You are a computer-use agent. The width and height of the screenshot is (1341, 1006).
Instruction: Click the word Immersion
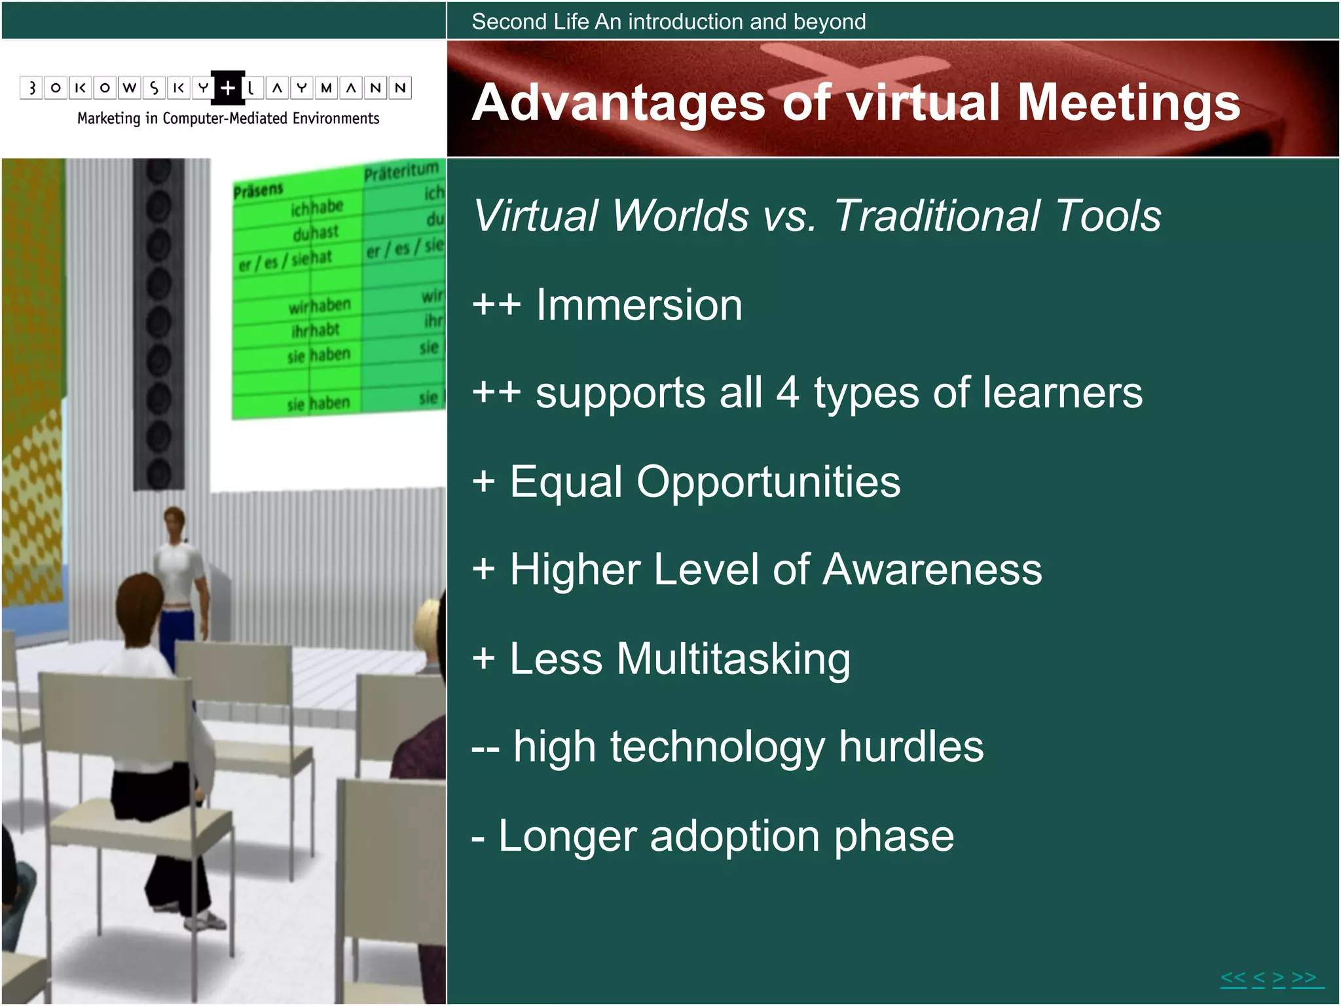639,305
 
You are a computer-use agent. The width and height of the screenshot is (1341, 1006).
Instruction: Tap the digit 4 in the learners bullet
788,393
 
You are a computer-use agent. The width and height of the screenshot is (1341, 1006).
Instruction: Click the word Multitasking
733,659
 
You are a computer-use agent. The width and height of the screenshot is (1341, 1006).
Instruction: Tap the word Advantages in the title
618,103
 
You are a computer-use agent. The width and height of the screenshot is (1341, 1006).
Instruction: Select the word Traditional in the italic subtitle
937,216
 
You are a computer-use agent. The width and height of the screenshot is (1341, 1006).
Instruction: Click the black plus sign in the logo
227,88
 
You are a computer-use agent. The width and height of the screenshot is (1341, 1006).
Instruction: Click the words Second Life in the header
530,22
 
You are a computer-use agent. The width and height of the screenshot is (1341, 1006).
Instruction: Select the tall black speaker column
158,324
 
